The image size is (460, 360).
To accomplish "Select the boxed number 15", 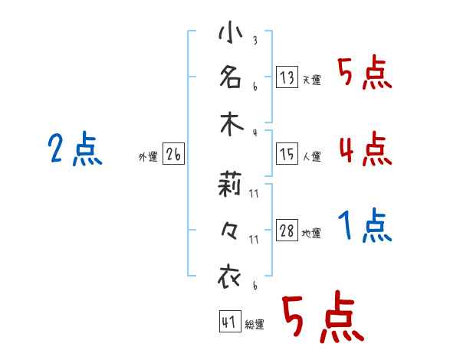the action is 287,154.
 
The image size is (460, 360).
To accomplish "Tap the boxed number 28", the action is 287,231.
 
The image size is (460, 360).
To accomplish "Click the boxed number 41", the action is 228,322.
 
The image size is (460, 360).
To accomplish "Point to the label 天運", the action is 311,80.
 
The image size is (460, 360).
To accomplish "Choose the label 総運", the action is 255,325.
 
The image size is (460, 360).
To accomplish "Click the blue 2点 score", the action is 75,149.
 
